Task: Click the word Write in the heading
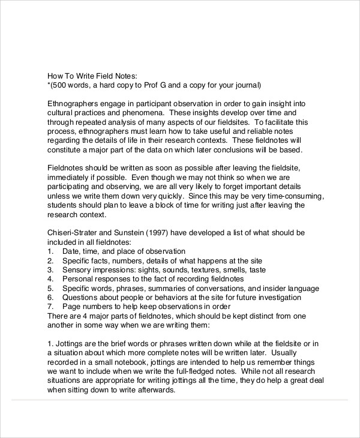tap(83, 76)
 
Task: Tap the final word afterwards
tap(152, 389)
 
